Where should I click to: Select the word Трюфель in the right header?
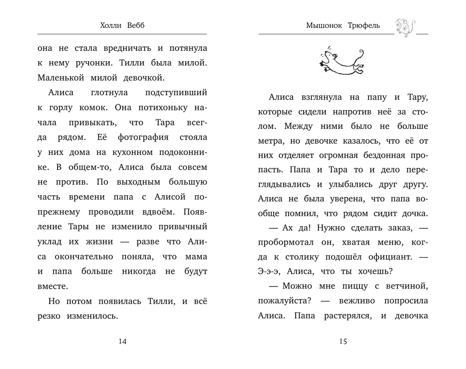click(x=364, y=26)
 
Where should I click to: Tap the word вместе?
click(x=53, y=286)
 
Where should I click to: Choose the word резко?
click(x=49, y=316)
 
